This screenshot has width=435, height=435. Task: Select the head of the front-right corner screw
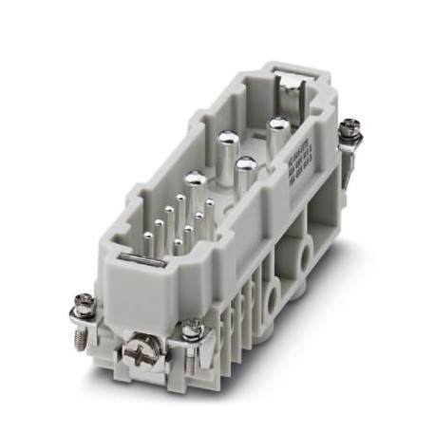pos(194,328)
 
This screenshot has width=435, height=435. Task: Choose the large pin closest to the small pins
pos(195,179)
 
